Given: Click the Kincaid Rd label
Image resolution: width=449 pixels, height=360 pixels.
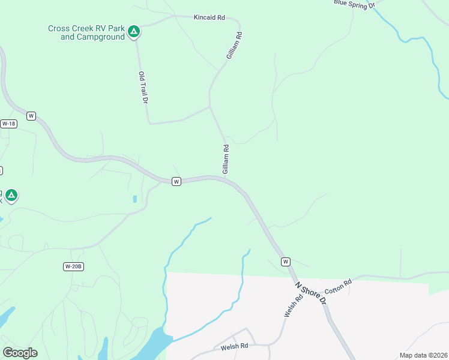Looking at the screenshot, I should (209, 18).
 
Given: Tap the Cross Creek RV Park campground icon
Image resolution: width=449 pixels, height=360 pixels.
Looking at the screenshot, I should (134, 31).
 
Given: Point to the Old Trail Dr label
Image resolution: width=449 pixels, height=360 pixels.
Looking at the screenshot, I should (143, 88).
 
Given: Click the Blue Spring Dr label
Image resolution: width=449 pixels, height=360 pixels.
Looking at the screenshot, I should (354, 4).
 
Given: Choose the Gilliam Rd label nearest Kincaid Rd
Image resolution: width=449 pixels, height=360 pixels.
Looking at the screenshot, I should (234, 46).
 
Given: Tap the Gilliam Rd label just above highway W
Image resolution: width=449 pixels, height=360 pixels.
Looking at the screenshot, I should (226, 160).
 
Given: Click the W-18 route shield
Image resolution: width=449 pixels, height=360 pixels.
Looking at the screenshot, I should (8, 124).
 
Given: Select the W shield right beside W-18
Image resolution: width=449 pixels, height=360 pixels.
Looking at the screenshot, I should (31, 115).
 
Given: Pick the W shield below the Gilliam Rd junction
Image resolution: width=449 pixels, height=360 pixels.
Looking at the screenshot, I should (176, 181).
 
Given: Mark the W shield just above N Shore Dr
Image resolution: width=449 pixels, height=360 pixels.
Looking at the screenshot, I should (286, 262).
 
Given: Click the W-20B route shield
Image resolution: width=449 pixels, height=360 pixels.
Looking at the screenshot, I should (73, 266).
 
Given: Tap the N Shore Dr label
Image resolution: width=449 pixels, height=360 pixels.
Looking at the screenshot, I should (310, 292).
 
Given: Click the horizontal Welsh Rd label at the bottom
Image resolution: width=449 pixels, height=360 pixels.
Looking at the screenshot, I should (234, 346).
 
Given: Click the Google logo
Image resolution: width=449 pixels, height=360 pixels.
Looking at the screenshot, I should (20, 353).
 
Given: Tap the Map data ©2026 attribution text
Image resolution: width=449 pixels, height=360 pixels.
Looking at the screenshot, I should (423, 355).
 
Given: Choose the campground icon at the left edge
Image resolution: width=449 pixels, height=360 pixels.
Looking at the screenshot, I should (11, 195).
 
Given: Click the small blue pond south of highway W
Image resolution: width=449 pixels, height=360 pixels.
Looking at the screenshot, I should (134, 199).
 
